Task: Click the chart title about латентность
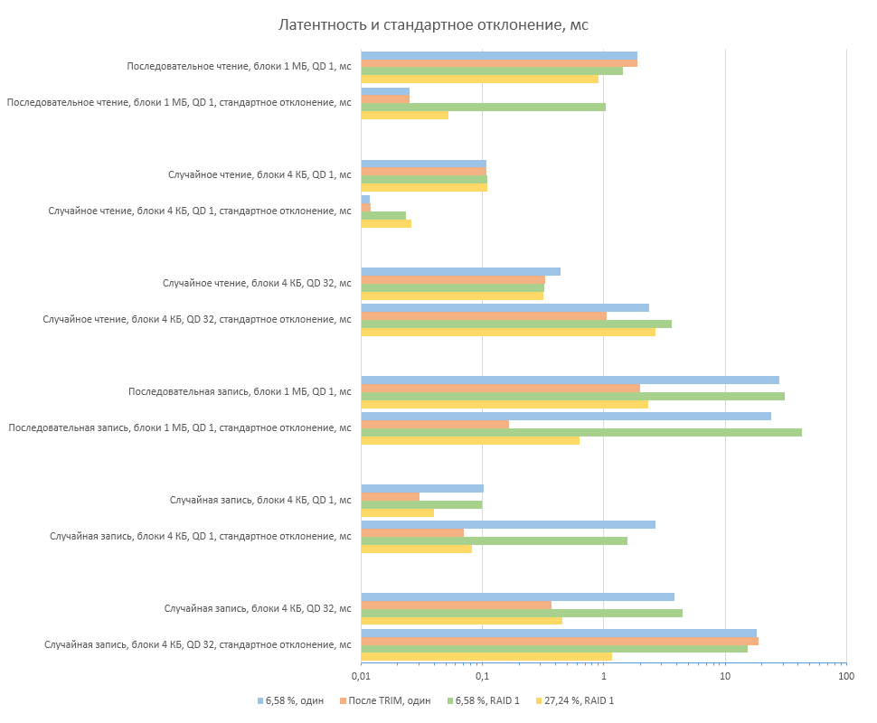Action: coord(433,24)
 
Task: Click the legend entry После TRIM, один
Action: coord(390,700)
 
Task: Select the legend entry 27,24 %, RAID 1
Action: coord(579,700)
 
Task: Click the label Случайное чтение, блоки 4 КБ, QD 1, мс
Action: coord(259,174)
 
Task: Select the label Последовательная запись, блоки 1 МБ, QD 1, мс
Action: coord(240,391)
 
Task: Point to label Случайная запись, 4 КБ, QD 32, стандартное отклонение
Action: coord(198,644)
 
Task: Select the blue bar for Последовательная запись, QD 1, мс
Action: coord(570,380)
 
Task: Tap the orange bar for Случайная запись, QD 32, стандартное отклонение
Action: coord(560,641)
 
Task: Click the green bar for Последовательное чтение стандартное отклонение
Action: coord(483,107)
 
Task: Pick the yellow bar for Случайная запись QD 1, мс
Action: coord(397,512)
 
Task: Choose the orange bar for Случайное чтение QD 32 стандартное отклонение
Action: coord(484,315)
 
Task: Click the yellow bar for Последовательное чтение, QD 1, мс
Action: coord(479,79)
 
